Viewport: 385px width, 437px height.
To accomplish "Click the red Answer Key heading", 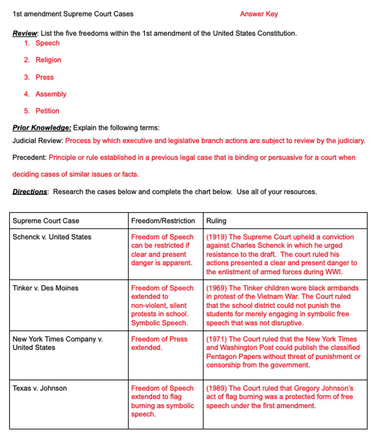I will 258,14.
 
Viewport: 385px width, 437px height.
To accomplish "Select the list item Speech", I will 47,43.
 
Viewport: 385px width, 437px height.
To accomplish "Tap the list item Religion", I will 48,60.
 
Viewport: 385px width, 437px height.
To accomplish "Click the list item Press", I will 44,77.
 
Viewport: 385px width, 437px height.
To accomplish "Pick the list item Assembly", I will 51,94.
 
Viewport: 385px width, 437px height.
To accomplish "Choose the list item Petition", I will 47,111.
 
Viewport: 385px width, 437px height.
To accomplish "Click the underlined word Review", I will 25,33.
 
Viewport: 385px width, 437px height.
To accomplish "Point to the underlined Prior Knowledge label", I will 42,128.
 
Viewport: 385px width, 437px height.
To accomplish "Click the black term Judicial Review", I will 38,141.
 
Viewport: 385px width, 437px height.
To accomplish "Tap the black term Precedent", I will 29,157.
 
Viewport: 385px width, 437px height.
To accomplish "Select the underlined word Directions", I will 30,192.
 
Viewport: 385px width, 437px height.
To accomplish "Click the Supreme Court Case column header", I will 46,221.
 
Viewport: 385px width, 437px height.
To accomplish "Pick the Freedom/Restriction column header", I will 163,221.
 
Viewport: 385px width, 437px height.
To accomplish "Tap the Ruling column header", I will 216,221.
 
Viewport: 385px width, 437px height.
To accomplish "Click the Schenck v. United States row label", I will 52,237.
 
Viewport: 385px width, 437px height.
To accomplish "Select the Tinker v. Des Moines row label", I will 45,288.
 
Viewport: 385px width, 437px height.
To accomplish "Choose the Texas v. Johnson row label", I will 40,388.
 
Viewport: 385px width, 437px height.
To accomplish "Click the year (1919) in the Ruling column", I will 216,237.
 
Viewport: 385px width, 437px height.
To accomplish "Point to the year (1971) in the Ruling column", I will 216,339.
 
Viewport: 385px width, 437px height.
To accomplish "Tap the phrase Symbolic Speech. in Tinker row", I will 159,323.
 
